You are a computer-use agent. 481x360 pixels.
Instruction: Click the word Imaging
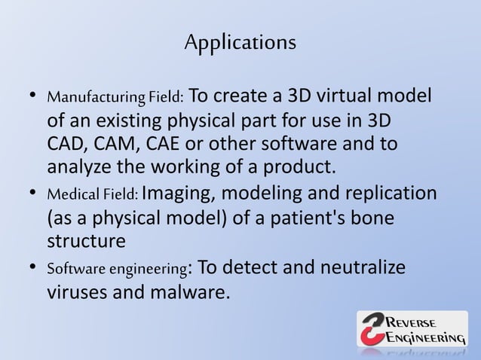point(175,195)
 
